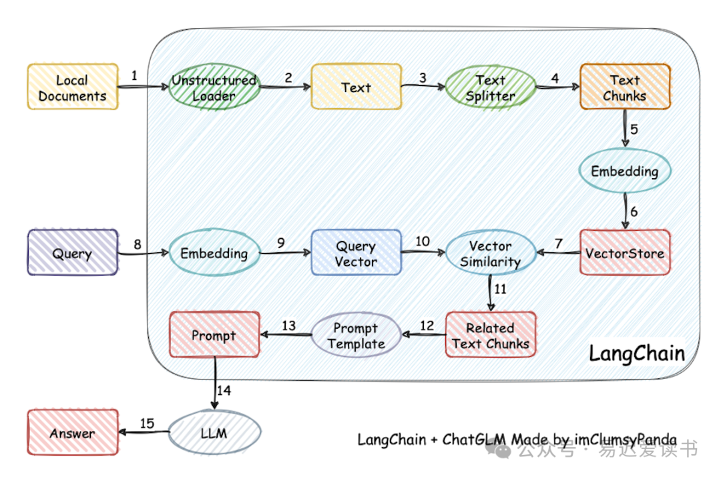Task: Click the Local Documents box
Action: pos(73,87)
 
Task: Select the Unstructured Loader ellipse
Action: pos(214,88)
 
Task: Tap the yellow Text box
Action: pos(356,87)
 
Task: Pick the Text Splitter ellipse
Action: pos(490,88)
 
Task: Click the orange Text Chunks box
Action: pos(624,87)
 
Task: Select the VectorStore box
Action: pos(624,253)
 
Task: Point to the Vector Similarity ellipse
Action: pos(490,254)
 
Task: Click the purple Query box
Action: pos(73,253)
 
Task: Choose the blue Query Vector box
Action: pos(356,254)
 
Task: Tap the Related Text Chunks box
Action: pos(490,336)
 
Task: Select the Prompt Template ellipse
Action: pos(356,336)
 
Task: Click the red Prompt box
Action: pos(214,335)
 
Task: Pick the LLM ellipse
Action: pos(214,433)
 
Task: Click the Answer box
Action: pos(73,433)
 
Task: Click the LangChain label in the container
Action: pos(636,354)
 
